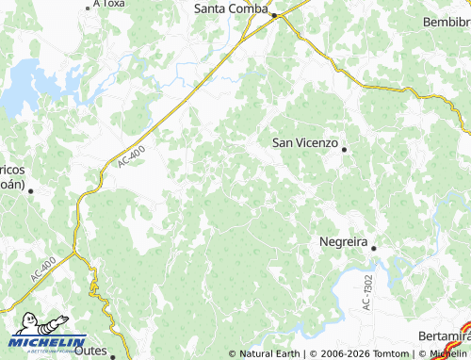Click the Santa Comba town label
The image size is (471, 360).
click(231, 8)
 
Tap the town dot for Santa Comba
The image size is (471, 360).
click(274, 15)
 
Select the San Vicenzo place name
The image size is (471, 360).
click(304, 142)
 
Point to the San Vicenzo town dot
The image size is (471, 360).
click(345, 149)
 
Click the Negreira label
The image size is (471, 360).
click(341, 240)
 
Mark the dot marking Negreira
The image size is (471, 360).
click(373, 248)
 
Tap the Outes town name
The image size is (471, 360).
click(90, 350)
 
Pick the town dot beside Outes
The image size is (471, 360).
click(112, 356)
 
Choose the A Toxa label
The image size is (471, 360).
click(109, 4)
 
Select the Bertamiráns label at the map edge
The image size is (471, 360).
click(444, 336)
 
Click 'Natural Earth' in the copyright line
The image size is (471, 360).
click(271, 353)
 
